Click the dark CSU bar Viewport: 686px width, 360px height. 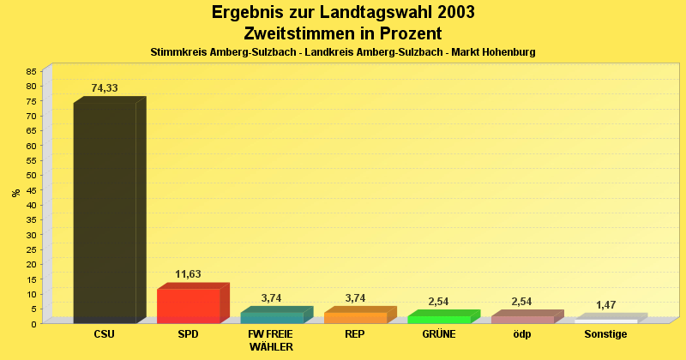(105, 213)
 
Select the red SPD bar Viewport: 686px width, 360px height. (189, 306)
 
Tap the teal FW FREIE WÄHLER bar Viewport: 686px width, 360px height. (272, 317)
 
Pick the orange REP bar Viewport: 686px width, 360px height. (356, 317)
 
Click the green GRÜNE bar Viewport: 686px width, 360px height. (439, 319)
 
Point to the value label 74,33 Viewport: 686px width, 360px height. (105, 88)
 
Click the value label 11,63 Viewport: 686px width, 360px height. (189, 274)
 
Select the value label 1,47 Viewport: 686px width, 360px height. (606, 305)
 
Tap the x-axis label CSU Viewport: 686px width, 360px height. (105, 334)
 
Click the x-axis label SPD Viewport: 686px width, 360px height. (189, 334)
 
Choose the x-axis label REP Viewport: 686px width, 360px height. (356, 334)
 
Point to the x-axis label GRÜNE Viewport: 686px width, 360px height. (439, 334)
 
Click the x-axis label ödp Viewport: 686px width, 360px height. (522, 334)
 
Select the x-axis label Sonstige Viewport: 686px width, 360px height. (606, 334)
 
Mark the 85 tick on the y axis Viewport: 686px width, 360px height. (32, 71)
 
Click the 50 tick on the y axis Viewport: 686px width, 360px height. (32, 175)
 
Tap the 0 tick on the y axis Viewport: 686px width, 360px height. (34, 324)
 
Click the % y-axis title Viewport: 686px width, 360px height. (15, 193)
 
